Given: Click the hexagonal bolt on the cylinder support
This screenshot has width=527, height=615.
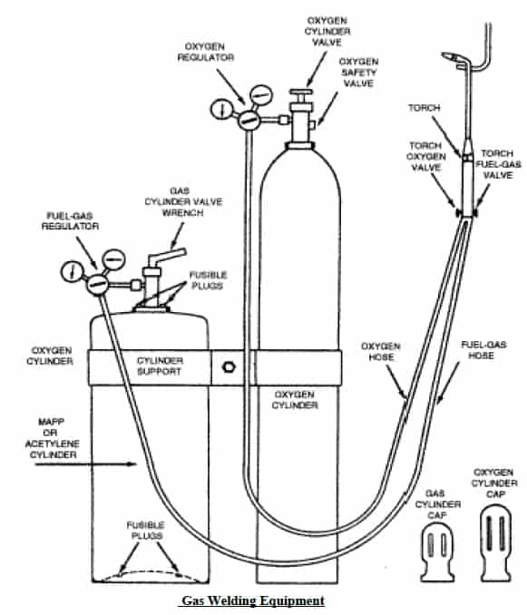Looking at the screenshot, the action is (229, 367).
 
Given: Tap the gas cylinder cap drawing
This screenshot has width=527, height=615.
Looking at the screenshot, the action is (437, 553).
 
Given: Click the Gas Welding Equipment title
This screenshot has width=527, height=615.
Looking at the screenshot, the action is (253, 600).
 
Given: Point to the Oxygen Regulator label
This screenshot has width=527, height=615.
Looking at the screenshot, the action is (206, 52).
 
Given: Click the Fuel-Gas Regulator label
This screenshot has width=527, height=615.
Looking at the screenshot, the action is (70, 220).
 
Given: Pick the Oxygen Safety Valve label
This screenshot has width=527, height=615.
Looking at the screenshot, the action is (358, 73).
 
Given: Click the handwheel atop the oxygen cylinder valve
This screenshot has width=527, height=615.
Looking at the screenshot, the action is (301, 92).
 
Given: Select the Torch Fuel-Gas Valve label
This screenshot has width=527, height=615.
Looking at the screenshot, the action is (498, 164).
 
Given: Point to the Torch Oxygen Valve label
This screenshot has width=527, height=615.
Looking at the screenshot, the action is (425, 157).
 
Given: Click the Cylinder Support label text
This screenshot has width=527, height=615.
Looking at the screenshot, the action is (160, 366).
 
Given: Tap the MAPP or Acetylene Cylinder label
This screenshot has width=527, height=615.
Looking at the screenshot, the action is (52, 438).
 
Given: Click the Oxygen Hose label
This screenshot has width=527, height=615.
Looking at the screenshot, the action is (381, 351).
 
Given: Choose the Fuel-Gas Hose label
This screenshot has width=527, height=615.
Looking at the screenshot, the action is (483, 350).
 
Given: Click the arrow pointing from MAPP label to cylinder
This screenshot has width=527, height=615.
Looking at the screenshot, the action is (85, 464).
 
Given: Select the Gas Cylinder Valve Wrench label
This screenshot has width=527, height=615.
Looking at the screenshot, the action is (183, 201).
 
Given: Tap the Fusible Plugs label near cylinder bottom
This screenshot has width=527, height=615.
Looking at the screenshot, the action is (145, 531).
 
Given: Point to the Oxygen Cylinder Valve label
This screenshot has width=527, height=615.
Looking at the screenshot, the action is (327, 32).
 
